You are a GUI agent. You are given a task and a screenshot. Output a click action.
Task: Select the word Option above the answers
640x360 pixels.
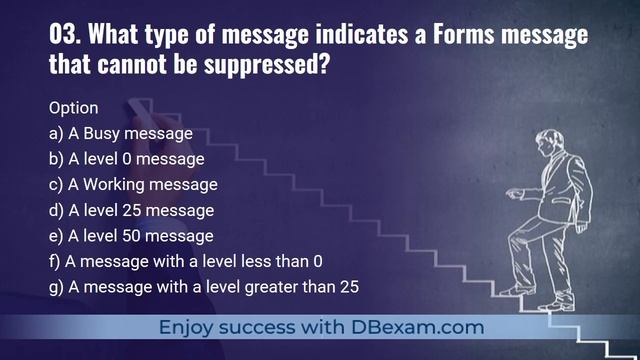click(73, 106)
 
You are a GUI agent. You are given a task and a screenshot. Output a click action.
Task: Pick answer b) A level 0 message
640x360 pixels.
click(126, 158)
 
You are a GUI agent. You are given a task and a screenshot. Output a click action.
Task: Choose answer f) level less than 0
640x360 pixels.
click(185, 262)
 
